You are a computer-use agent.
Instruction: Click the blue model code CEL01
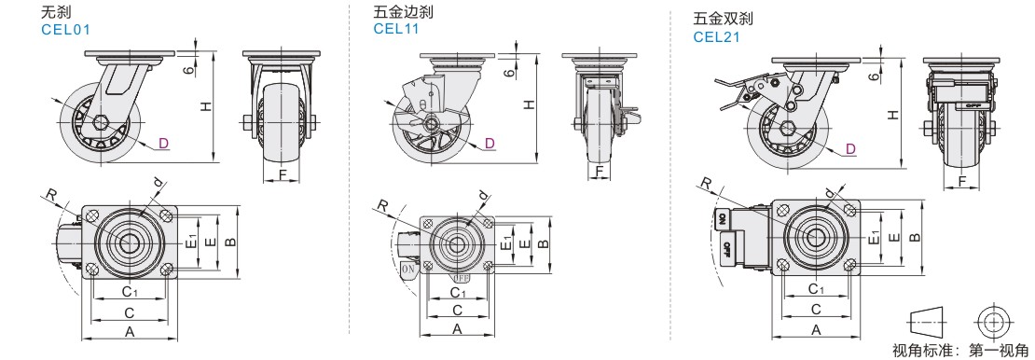tap(64, 30)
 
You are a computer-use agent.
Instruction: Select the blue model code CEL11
tap(396, 28)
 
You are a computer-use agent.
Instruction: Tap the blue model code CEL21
tap(716, 37)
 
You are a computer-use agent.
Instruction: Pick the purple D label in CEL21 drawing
tap(850, 149)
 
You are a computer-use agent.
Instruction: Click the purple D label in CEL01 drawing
tap(164, 143)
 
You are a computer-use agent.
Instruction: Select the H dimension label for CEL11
tap(529, 104)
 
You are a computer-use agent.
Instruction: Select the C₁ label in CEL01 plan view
tap(130, 291)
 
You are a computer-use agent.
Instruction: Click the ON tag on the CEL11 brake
tap(407, 269)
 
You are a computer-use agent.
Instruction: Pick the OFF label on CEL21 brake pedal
tap(725, 249)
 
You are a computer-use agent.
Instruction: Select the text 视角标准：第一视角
tap(959, 350)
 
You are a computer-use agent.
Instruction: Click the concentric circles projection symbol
tap(992, 322)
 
